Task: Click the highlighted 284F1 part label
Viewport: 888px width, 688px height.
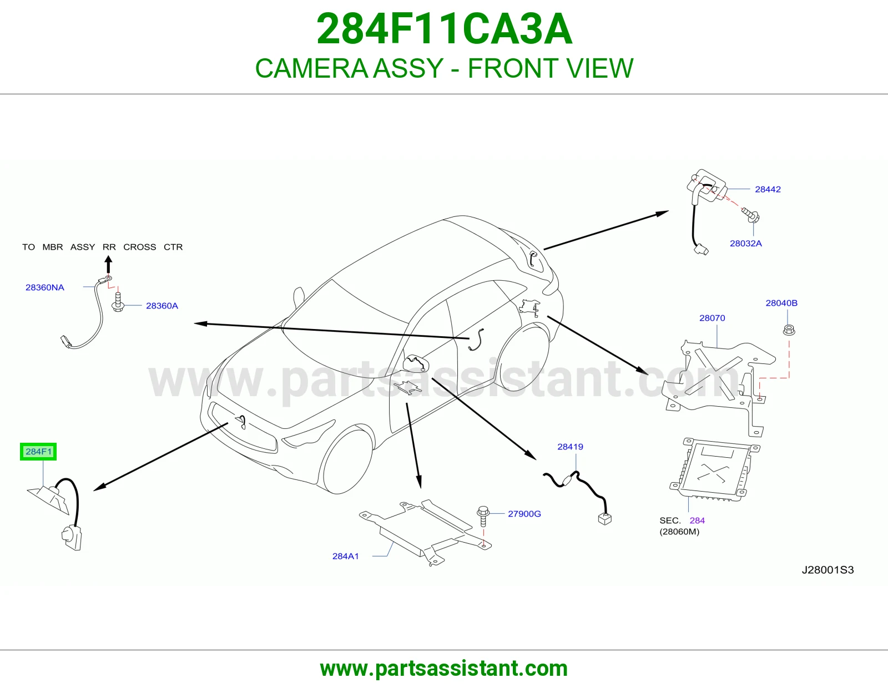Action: [x=38, y=452]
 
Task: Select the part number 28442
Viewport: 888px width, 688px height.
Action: [x=768, y=189]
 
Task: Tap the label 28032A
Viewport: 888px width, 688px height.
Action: [x=746, y=244]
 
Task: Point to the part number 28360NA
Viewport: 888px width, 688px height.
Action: [x=45, y=287]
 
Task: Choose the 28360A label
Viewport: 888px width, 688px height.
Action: [x=162, y=306]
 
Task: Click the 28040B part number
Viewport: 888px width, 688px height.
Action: [x=781, y=303]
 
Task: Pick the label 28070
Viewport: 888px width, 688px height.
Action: [x=712, y=318]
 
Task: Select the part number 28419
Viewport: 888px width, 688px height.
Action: [x=570, y=447]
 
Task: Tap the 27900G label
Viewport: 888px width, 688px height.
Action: [x=524, y=514]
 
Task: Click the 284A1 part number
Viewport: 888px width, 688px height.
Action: [x=345, y=556]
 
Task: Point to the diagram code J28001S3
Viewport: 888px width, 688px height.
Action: [x=828, y=570]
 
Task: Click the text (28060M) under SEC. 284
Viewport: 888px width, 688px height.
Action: [x=679, y=532]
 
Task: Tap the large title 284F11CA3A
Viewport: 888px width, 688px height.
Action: [x=444, y=29]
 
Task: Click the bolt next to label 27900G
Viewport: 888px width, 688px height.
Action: [x=483, y=517]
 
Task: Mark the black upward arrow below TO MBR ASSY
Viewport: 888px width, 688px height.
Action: [x=108, y=264]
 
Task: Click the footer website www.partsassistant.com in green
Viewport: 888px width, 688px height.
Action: [x=444, y=669]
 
